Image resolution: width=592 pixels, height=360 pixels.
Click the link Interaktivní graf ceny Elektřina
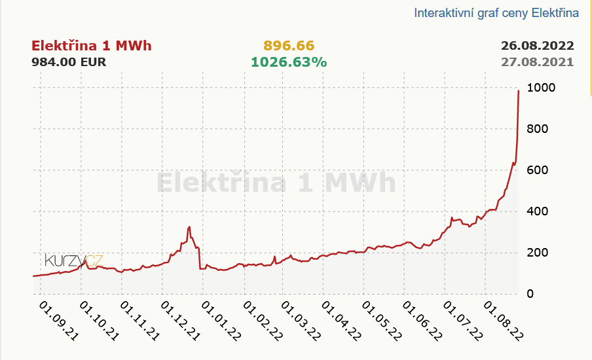(496, 13)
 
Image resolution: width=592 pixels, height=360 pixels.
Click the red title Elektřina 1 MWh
(92, 46)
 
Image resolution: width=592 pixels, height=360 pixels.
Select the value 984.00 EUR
(69, 62)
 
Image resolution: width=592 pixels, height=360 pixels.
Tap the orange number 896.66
(289, 46)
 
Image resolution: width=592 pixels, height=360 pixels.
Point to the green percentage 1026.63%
(289, 62)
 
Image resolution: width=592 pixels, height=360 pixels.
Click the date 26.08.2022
(537, 46)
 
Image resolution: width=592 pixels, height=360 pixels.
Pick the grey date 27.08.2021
(537, 62)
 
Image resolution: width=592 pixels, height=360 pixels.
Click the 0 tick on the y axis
(530, 294)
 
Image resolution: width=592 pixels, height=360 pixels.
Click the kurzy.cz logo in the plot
(73, 261)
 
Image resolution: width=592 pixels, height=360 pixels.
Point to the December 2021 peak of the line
(189, 227)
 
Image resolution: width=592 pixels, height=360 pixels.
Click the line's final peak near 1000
(519, 91)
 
